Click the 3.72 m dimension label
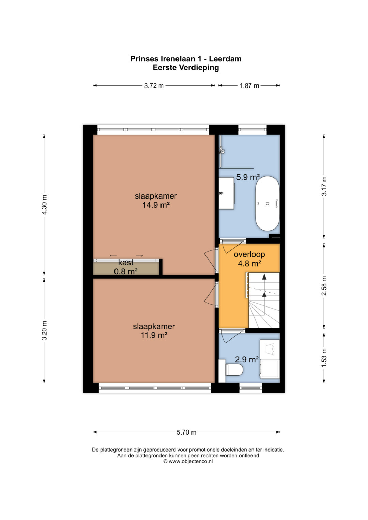point(154,86)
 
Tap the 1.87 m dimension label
point(249,86)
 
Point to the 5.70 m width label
point(186,432)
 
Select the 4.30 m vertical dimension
point(44,205)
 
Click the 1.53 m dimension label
point(324,358)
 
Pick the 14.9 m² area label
point(156,205)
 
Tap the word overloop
point(249,254)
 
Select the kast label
point(126,262)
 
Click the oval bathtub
point(267,204)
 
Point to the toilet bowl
point(234,370)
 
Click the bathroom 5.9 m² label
point(248,177)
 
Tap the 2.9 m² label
point(247,359)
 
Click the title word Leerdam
point(225,59)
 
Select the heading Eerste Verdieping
point(186,68)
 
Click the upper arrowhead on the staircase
point(264,277)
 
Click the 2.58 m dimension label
point(324,285)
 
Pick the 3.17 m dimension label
point(324,186)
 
